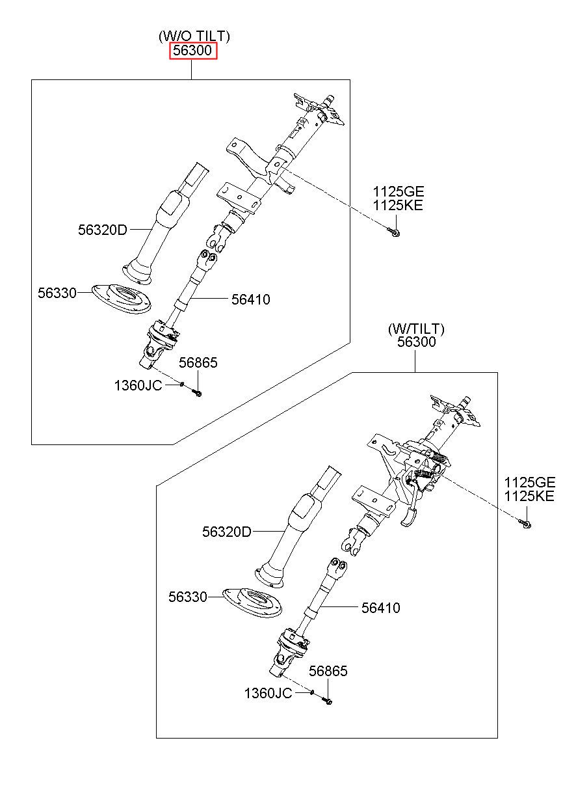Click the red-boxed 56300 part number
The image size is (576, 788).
(x=193, y=51)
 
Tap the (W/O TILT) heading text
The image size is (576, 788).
(x=194, y=36)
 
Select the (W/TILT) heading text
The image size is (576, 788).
(x=416, y=329)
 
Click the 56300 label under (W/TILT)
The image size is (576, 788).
(x=417, y=342)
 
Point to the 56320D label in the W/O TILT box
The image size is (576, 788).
(x=102, y=230)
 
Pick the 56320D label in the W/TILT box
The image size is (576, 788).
(x=227, y=532)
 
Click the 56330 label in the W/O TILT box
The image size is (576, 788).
(x=57, y=293)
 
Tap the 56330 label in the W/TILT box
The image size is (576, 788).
(x=188, y=597)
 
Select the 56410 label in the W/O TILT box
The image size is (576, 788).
(x=250, y=300)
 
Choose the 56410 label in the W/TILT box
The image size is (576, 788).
(x=380, y=608)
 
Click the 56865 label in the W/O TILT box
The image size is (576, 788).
(x=198, y=362)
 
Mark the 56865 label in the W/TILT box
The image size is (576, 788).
(x=328, y=672)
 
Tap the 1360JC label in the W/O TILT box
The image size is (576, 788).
(x=138, y=386)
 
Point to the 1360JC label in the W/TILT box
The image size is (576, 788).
(x=268, y=694)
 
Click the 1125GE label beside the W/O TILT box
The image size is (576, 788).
(x=398, y=192)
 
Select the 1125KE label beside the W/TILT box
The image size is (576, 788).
(x=529, y=496)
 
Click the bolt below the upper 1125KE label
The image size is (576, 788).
(x=394, y=232)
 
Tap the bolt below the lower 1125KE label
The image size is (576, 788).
(x=525, y=524)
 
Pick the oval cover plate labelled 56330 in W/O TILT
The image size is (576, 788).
(x=121, y=298)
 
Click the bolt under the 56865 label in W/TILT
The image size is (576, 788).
(x=327, y=701)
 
